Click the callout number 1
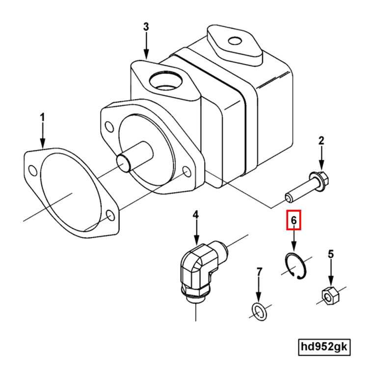[x=42, y=117]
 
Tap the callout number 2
[x=321, y=140]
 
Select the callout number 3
[x=146, y=27]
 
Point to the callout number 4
[x=195, y=214]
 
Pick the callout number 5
[x=331, y=254]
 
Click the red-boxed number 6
[x=294, y=220]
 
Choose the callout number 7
[x=259, y=272]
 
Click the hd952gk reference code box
[x=324, y=347]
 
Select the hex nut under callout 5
[x=330, y=295]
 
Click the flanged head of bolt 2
[x=320, y=179]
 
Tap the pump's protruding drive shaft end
[x=123, y=163]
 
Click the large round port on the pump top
[x=166, y=81]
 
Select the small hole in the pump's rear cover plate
[x=235, y=41]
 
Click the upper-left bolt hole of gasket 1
[x=32, y=170]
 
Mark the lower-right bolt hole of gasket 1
[x=110, y=215]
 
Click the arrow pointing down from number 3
[x=146, y=46]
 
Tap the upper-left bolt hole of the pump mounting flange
[x=109, y=127]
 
